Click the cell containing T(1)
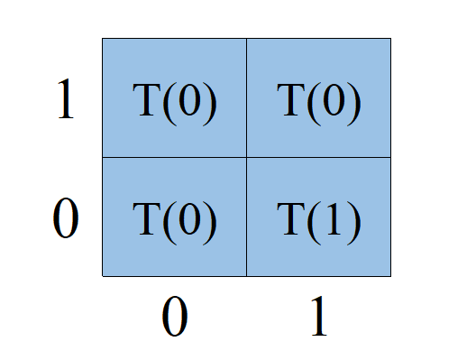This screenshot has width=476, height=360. click(318, 217)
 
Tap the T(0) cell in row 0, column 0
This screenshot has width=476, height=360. click(174, 217)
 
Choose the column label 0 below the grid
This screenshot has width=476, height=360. click(174, 318)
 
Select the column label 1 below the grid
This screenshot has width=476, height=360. click(317, 318)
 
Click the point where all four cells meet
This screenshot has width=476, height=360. click(246, 157)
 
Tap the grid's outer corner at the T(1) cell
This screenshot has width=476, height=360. click(390, 276)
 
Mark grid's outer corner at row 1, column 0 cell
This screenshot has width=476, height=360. click(102, 38)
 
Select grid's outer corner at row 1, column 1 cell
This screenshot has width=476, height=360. click(390, 38)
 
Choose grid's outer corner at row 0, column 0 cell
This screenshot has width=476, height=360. click(102, 276)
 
